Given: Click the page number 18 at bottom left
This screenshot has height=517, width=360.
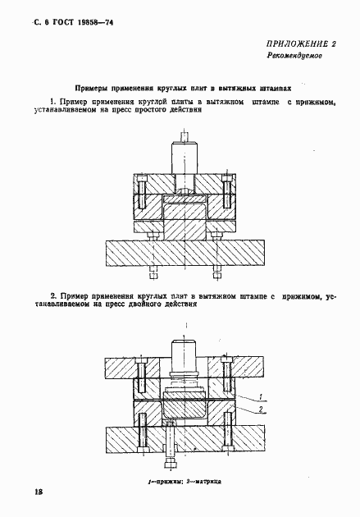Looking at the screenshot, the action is (38, 491).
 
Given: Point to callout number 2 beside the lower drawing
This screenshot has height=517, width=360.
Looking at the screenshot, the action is (261, 408).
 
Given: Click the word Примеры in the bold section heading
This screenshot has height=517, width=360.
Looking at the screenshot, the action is (95, 85).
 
